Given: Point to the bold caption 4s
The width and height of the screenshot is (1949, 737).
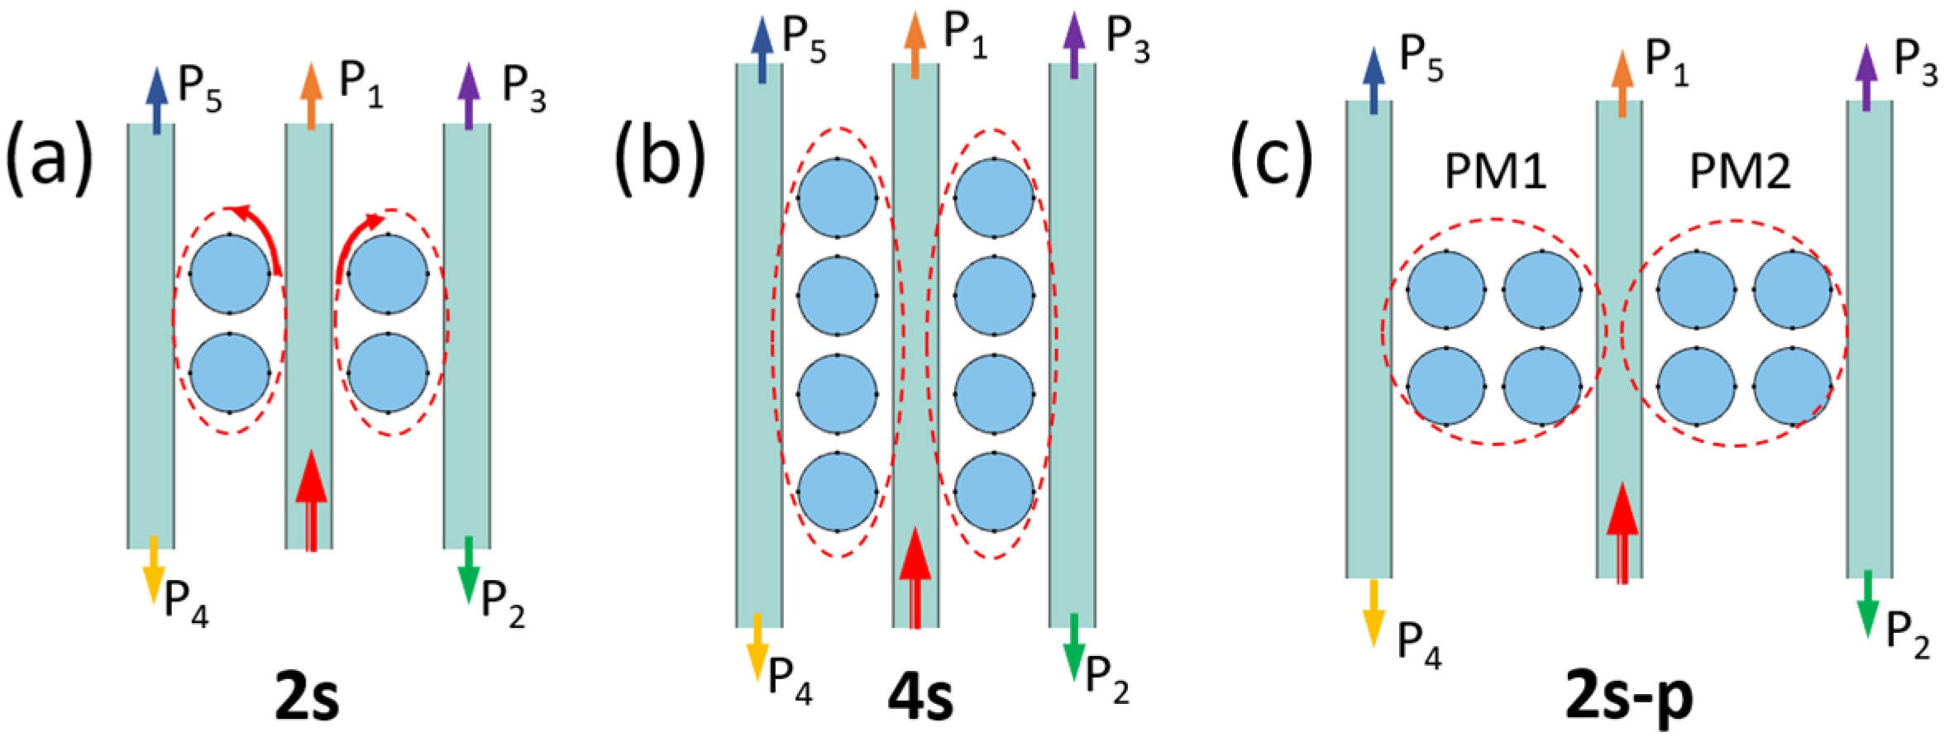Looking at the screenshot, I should [918, 699].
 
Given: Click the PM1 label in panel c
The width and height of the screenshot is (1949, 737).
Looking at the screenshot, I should [1495, 174].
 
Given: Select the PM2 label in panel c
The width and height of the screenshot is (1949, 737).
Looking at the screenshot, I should [1739, 174].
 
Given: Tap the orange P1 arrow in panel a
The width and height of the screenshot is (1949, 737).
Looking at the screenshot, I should [311, 96].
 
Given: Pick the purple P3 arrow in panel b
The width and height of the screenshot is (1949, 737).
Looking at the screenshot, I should [1073, 50].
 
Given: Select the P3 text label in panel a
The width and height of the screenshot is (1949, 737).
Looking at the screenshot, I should [524, 93].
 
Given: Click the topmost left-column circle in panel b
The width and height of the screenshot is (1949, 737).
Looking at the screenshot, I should [837, 197].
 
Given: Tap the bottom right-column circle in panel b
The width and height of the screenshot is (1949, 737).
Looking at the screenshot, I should [994, 492].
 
